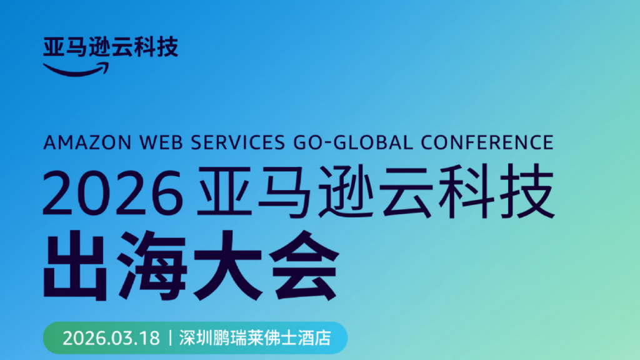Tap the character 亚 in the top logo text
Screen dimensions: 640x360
(x=54, y=47)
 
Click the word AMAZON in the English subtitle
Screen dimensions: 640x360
(x=87, y=143)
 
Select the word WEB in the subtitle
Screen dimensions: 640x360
(x=162, y=143)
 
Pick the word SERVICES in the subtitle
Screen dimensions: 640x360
(x=238, y=143)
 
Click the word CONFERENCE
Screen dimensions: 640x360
(x=487, y=143)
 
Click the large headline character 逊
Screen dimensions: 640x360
(x=348, y=191)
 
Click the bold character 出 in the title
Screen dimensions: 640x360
(x=75, y=266)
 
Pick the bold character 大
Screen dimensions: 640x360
(x=227, y=266)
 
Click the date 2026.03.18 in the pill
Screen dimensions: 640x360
(x=111, y=338)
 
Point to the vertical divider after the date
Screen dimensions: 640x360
(x=170, y=338)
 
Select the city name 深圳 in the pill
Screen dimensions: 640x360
(x=196, y=338)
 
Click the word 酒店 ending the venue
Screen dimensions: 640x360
(x=314, y=338)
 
